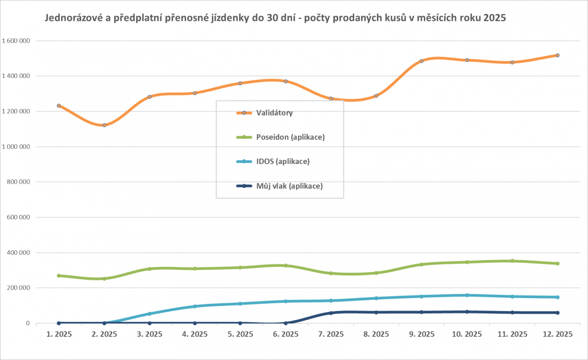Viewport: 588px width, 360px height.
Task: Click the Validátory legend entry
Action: click(274, 113)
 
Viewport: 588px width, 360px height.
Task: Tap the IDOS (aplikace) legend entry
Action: click(283, 161)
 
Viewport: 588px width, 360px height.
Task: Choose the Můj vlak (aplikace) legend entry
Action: click(289, 186)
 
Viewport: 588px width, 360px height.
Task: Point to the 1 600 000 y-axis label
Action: click(16, 41)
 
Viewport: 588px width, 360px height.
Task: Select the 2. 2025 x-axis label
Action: click(104, 335)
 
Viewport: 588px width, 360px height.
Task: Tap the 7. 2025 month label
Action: click(331, 335)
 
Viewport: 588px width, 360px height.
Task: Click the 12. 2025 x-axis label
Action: click(557, 335)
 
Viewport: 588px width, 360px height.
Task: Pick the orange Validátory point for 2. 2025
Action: click(104, 125)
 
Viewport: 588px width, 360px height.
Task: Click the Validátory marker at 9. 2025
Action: click(421, 61)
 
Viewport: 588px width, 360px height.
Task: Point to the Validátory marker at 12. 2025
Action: click(558, 55)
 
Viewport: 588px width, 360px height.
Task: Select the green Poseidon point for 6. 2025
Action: click(286, 265)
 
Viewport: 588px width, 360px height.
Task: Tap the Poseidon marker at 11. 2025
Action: click(512, 261)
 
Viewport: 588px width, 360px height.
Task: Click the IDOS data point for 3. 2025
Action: click(149, 313)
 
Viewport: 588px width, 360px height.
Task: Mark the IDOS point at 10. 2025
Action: click(467, 295)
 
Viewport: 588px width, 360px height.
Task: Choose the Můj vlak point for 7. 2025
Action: click(331, 313)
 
